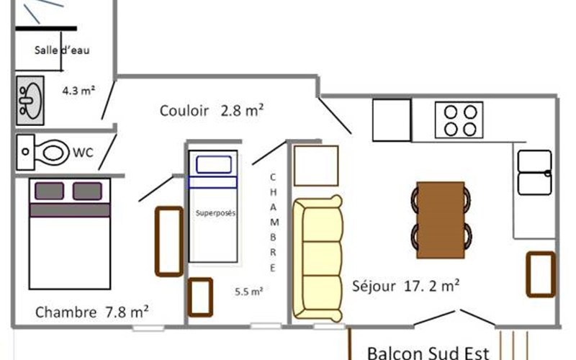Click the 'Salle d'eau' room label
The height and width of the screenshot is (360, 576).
click(62, 50)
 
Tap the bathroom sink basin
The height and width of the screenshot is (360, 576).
click(30, 100)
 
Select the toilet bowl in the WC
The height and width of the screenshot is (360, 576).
click(53, 152)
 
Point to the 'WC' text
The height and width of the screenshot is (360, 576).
click(83, 153)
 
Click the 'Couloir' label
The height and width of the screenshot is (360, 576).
click(184, 111)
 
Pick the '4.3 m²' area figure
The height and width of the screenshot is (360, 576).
click(78, 91)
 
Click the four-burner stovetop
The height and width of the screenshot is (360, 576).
click(459, 120)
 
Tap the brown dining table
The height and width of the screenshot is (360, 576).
click(441, 220)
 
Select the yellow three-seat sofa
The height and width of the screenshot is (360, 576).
click(318, 258)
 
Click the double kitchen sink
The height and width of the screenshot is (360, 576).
click(534, 172)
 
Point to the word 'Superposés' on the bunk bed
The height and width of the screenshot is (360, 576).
click(215, 213)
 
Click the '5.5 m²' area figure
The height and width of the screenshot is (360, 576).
click(248, 292)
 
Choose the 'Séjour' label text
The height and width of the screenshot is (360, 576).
click(374, 286)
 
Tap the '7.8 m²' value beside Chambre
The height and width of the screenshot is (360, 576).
click(127, 312)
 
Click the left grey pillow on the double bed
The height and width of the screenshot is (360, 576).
click(49, 191)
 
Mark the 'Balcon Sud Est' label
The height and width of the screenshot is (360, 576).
click(428, 354)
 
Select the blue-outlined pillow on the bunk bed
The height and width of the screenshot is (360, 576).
click(214, 165)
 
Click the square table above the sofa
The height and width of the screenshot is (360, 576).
click(316, 166)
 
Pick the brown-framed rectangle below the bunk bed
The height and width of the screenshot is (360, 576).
click(200, 297)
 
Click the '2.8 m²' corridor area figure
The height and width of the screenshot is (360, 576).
click(242, 110)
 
